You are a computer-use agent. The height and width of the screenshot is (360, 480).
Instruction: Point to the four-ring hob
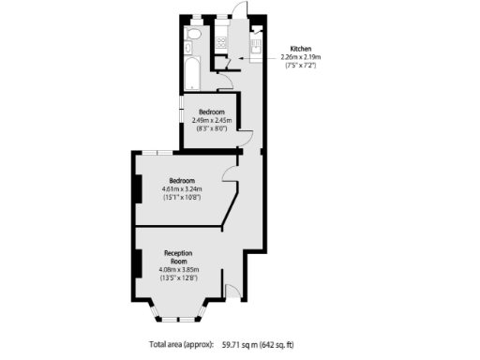pyautogui.click(x=221, y=42)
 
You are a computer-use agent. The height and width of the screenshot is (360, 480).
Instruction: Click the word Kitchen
pyautogui.click(x=300, y=48)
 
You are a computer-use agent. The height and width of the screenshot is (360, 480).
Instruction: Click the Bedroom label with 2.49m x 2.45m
pyautogui.click(x=211, y=112)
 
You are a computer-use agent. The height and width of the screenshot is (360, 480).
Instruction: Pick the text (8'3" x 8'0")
pyautogui.click(x=212, y=128)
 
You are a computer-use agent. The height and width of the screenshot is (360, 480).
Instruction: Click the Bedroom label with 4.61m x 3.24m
pyautogui.click(x=181, y=180)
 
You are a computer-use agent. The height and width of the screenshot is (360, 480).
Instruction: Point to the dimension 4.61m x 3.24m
pyautogui.click(x=182, y=189)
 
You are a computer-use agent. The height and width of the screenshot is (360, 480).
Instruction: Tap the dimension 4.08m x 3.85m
pyautogui.click(x=178, y=270)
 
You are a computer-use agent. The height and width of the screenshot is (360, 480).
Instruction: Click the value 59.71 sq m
pyautogui.click(x=238, y=345)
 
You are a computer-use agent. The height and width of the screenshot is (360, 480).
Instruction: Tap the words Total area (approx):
pyautogui.click(x=182, y=345)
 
